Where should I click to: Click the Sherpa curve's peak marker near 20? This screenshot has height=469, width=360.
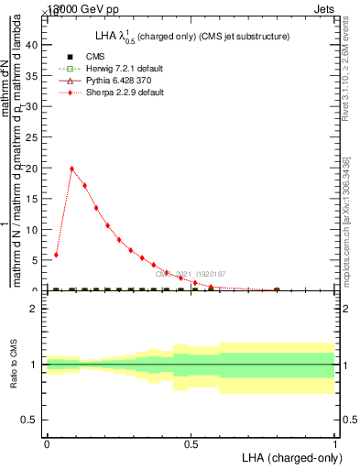(x=72, y=169)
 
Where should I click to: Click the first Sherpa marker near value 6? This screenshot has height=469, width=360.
(x=57, y=255)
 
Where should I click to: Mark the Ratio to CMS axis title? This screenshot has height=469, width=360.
(x=14, y=365)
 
